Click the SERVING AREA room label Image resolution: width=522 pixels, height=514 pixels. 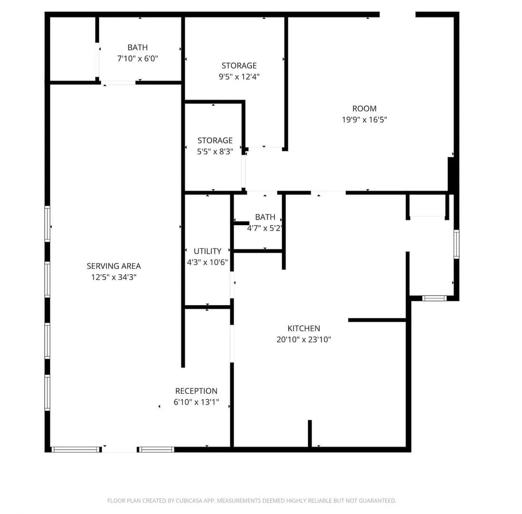[x=114, y=266]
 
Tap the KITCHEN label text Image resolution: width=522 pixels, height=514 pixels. [x=304, y=328]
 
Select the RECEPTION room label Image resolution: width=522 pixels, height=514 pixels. [x=196, y=391]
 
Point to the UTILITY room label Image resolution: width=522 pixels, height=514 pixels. [x=207, y=251]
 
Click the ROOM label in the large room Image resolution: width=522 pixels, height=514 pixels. [x=364, y=109]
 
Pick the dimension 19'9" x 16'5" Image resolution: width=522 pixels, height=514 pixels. [x=364, y=119]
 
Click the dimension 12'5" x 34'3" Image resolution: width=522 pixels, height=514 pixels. [x=114, y=277]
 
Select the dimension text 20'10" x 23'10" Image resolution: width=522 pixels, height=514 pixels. [x=304, y=339]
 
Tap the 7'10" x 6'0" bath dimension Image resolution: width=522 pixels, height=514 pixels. [x=138, y=59]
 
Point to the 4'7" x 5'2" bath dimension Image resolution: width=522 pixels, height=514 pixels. [x=265, y=228]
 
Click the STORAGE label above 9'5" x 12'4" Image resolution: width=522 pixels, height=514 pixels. [x=239, y=66]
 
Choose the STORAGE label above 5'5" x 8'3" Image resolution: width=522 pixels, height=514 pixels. [x=215, y=140]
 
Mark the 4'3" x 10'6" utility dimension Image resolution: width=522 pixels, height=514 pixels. [x=207, y=262]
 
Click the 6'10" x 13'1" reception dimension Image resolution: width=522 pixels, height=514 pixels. [x=196, y=402]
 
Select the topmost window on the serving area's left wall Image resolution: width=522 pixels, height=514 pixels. [x=47, y=224]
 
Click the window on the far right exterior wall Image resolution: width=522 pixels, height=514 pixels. [x=456, y=244]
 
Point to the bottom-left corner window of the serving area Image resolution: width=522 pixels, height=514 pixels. [x=76, y=449]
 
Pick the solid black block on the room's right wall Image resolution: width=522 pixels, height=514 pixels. [x=451, y=174]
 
